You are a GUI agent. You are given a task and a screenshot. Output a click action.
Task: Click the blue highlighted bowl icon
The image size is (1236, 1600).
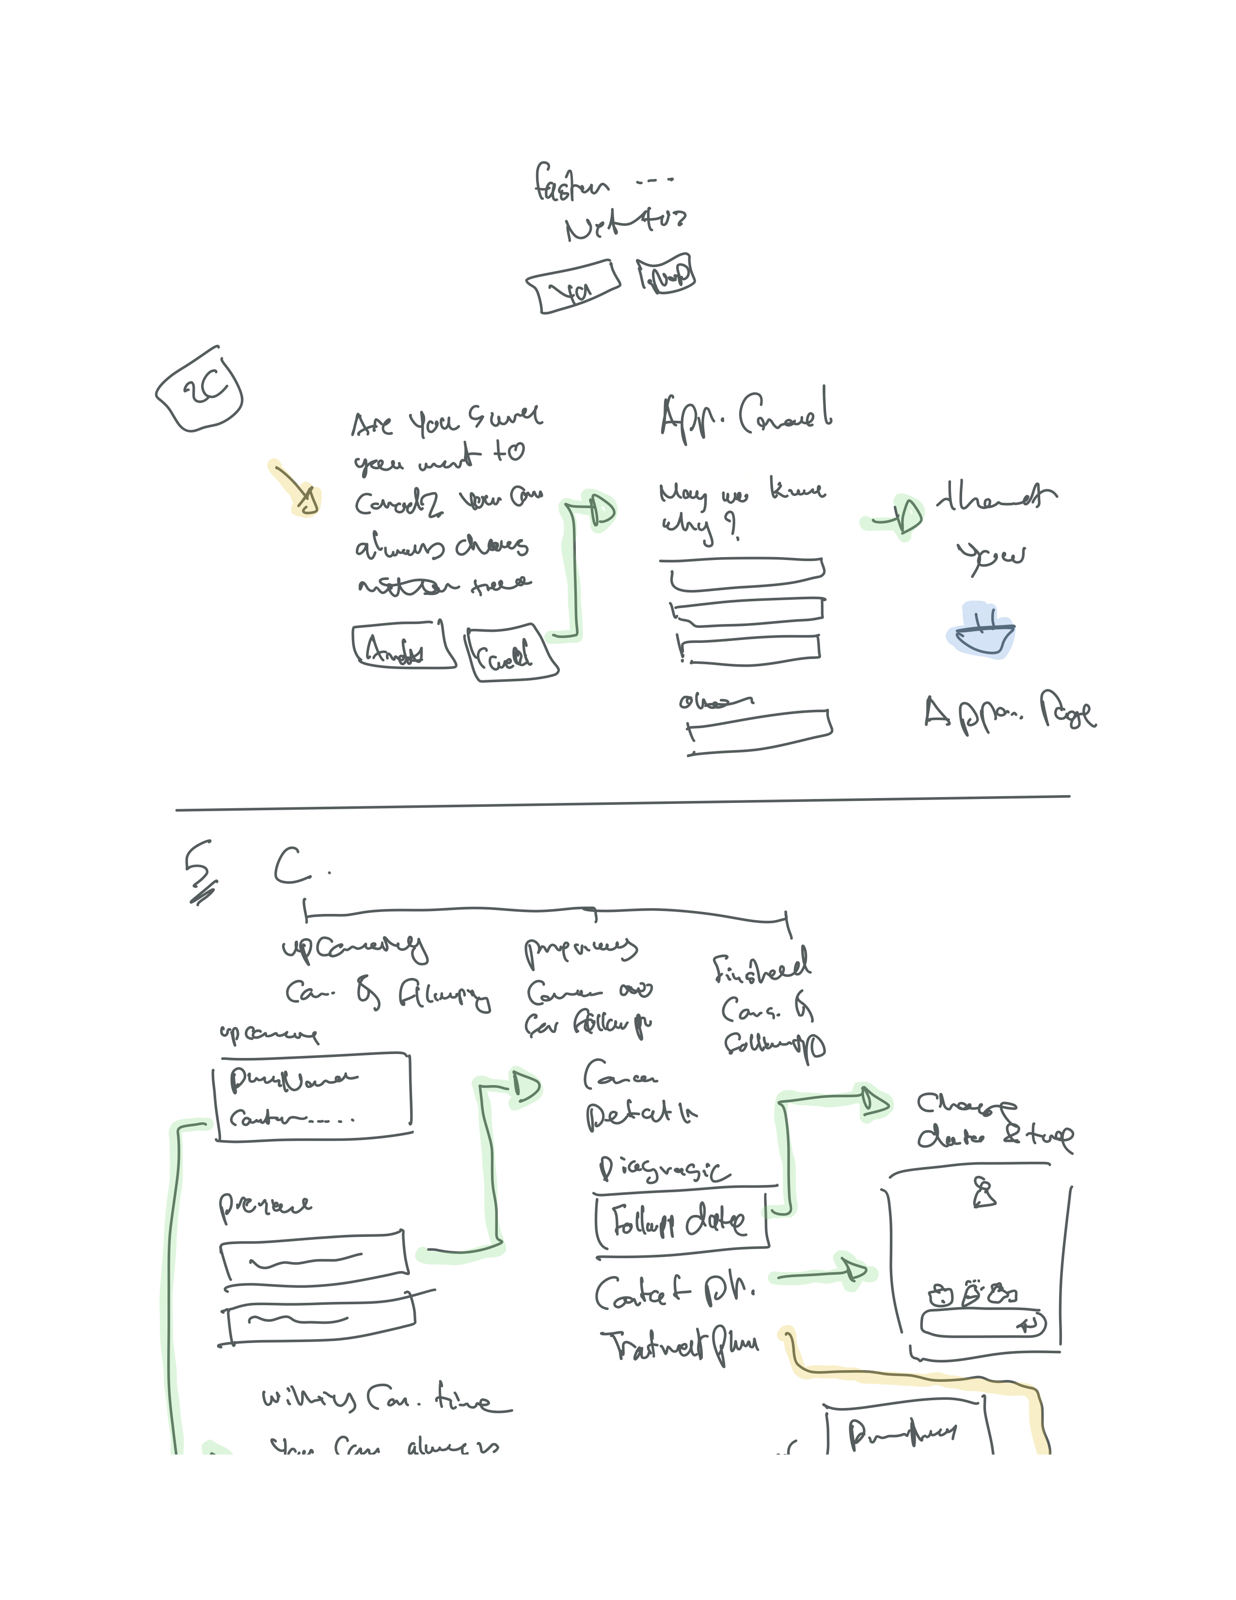pyautogui.click(x=981, y=631)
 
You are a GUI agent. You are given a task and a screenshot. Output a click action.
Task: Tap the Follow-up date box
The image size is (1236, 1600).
pyautogui.click(x=681, y=1221)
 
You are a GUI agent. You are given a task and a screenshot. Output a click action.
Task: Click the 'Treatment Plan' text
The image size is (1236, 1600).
pyautogui.click(x=680, y=1346)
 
